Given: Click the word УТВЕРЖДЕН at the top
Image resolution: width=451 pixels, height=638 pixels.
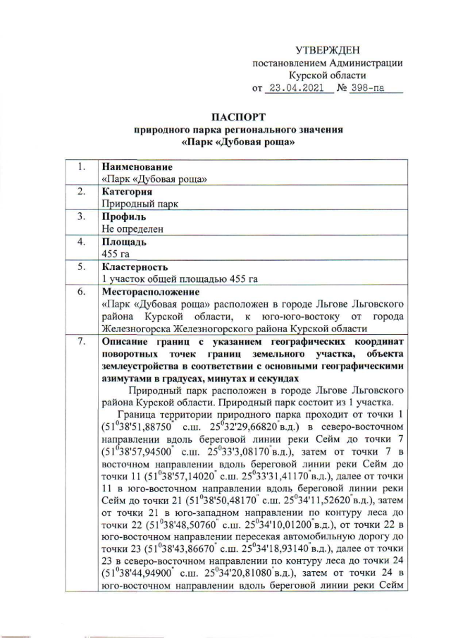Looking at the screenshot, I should [x=327, y=49].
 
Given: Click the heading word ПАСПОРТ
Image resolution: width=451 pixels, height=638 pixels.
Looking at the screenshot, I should [x=237, y=117].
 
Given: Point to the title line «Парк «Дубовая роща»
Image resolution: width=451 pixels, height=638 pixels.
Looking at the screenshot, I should [x=237, y=142].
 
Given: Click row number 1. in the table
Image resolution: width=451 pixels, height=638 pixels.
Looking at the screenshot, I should [x=82, y=167].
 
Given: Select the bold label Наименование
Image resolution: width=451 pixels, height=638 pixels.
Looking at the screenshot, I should [x=137, y=167].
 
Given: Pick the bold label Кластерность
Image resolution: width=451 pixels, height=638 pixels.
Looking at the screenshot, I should [x=135, y=266].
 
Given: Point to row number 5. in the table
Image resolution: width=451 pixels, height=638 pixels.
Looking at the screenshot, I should [x=82, y=266].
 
